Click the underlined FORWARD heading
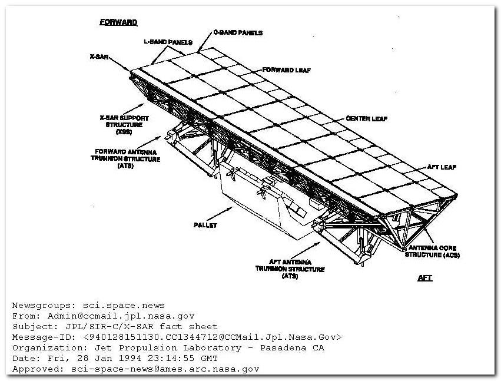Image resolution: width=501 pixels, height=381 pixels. [x=118, y=22]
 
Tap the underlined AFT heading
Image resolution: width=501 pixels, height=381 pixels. [x=425, y=278]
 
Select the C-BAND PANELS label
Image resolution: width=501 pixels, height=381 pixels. [x=238, y=32]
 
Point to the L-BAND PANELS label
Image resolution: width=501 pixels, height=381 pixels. [x=168, y=42]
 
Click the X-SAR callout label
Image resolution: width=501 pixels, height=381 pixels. [x=99, y=57]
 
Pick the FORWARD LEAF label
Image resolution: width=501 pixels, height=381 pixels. [x=287, y=70]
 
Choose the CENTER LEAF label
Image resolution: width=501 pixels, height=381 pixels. [x=367, y=118]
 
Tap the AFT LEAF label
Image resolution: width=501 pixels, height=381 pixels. [x=442, y=167]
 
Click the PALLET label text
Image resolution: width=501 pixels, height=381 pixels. [x=205, y=225]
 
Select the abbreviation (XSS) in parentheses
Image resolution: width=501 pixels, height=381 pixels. [x=124, y=132]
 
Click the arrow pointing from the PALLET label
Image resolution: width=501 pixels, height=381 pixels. [x=220, y=214]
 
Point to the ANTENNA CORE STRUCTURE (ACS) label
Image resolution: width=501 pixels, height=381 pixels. [x=432, y=251]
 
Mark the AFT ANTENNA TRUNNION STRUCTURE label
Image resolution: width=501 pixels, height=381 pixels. [x=290, y=269]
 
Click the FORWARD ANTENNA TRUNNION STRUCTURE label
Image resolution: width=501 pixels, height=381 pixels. [x=125, y=158]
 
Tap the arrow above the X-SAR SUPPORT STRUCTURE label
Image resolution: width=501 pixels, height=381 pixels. [x=134, y=109]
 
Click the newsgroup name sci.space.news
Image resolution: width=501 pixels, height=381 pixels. [x=124, y=305]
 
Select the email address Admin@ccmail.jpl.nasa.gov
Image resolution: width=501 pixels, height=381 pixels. [x=121, y=316]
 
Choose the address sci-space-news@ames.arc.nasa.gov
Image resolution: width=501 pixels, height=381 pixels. [x=165, y=369]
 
